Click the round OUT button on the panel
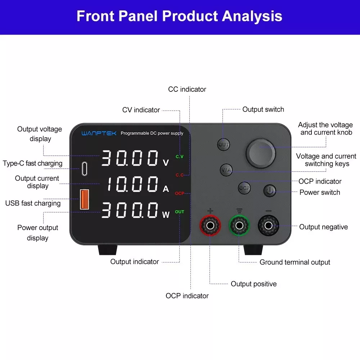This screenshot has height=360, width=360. tap(224, 144)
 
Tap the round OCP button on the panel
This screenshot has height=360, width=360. tap(244, 188)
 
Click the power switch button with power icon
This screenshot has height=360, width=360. tap(270, 190)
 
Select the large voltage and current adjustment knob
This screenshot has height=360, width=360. tap(261, 153)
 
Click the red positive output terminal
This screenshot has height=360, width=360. tap(210, 225)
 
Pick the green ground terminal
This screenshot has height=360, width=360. tap(239, 225)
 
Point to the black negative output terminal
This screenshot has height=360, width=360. tap(269, 225)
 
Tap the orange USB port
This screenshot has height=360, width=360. tap(84, 199)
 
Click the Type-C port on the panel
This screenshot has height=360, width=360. tap(85, 169)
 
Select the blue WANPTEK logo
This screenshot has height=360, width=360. tap(99, 133)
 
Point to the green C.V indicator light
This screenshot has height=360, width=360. tap(180, 157)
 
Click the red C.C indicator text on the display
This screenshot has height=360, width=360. tap(180, 175)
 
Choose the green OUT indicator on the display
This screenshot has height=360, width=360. tap(180, 212)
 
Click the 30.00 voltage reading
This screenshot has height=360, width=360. tap(130, 158)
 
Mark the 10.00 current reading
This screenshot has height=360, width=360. tap(133, 184)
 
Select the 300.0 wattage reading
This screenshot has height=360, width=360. tap(130, 210)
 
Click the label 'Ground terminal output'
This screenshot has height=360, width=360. tap(295, 262)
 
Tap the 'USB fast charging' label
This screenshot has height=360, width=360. tap(33, 203)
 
